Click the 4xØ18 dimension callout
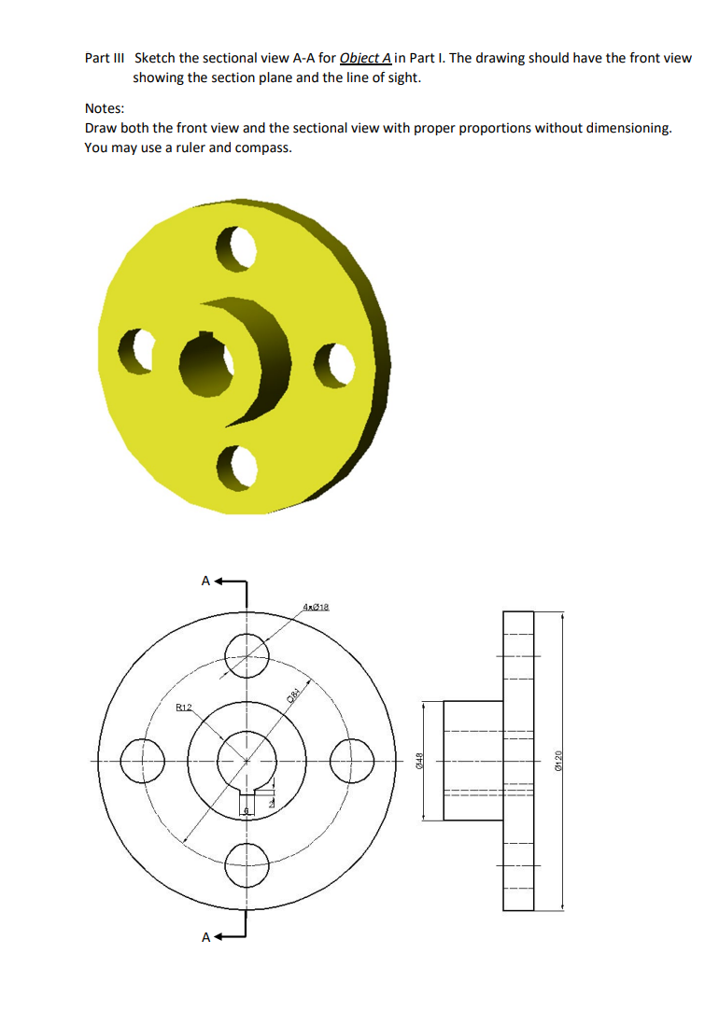pos(318,608)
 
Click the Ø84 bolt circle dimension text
pos(294,694)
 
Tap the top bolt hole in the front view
pos(247,650)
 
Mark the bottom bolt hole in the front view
pos(247,864)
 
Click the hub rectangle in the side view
pos(472,761)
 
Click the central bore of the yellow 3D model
pos(204,359)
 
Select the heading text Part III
pos(105,58)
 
